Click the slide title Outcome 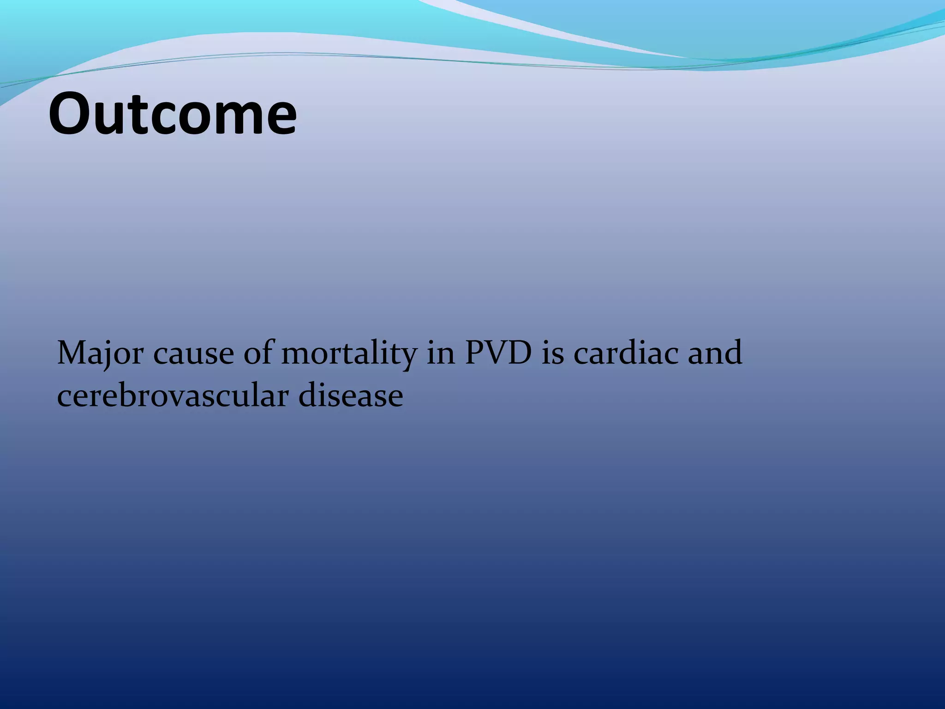point(173,114)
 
